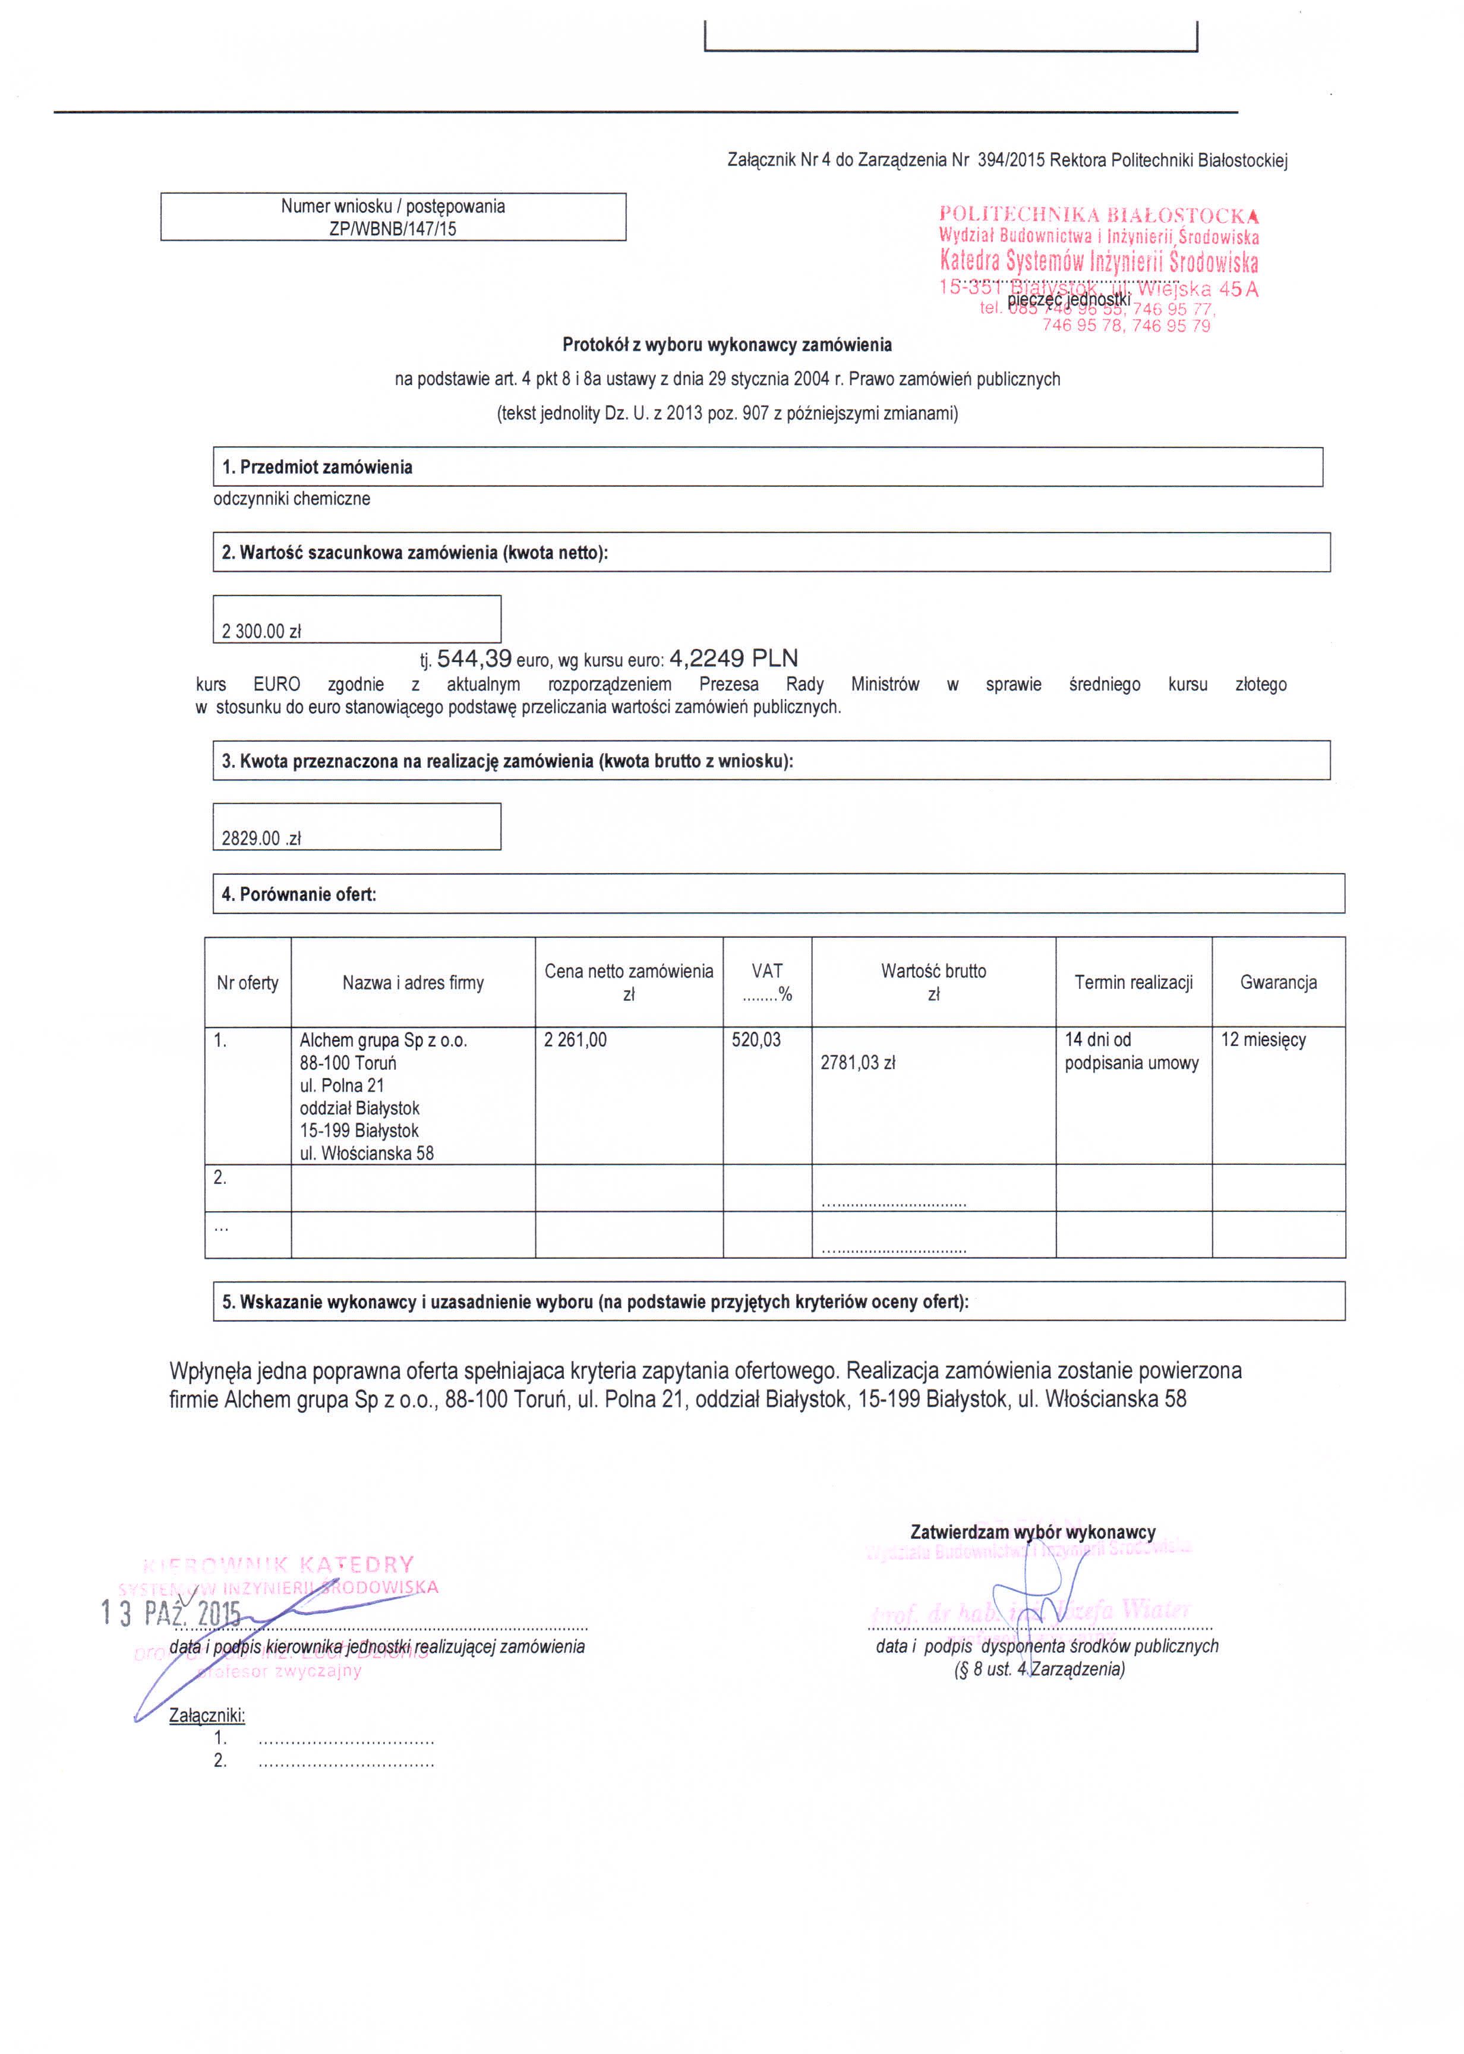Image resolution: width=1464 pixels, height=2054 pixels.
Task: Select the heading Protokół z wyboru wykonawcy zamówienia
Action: click(727, 345)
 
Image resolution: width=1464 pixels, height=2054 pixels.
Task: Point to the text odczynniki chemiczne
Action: click(291, 499)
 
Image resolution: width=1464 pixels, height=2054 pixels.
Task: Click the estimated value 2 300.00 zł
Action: click(261, 631)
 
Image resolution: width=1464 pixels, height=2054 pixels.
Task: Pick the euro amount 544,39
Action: click(474, 658)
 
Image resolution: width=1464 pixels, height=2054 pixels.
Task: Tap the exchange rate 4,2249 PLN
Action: click(733, 658)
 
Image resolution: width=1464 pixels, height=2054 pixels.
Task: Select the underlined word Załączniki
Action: click(206, 1715)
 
